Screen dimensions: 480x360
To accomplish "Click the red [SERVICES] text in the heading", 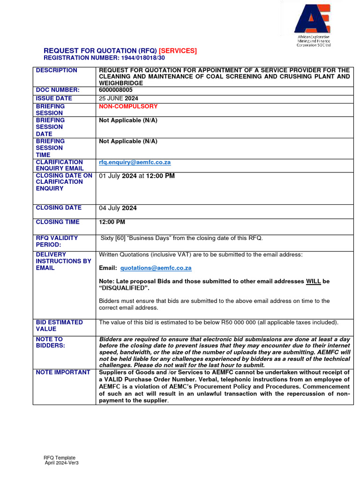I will tap(178, 51).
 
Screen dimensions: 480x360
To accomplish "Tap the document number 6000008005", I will tap(116, 90).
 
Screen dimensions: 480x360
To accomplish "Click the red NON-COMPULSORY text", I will tap(128, 106).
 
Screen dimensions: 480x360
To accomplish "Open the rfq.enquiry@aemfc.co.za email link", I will tap(135, 162).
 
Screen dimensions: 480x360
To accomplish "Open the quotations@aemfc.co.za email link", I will tap(156, 268).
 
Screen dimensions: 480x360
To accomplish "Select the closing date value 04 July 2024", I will tap(118, 208).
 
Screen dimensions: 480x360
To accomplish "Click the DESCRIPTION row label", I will tap(57, 70).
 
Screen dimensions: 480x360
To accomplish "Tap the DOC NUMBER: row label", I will tap(58, 90).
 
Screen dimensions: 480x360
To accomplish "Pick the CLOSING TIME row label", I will tap(58, 222).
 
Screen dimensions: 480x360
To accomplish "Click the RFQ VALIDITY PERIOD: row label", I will tap(57, 241).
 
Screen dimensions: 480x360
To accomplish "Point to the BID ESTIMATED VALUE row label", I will tap(59, 326).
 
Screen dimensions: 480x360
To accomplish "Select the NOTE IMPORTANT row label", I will tap(63, 372).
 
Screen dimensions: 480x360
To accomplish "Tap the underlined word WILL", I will tap(313, 281).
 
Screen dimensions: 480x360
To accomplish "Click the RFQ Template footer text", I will tap(60, 457).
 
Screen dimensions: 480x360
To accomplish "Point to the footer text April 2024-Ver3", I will tap(61, 463).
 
